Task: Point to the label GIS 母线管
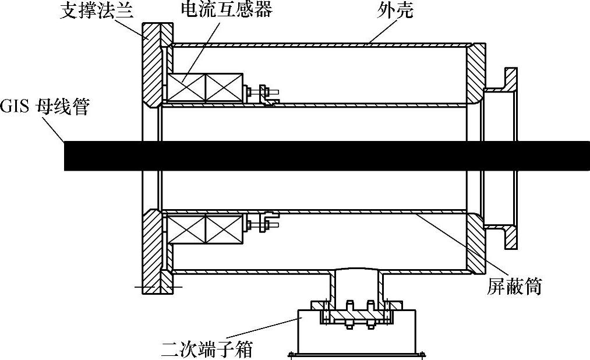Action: (x=45, y=107)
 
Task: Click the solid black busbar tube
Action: (x=326, y=156)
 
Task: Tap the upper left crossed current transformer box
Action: (x=185, y=88)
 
